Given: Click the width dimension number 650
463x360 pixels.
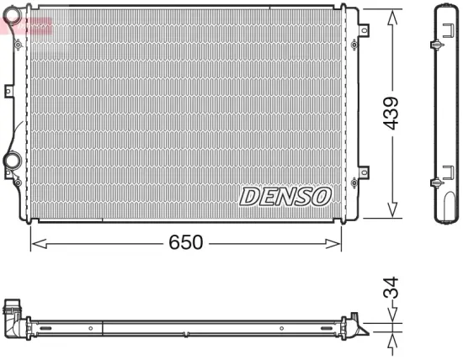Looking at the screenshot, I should (185, 242).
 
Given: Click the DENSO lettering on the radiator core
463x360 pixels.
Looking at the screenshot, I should (286, 196).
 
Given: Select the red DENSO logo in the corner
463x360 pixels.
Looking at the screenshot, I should (25, 25).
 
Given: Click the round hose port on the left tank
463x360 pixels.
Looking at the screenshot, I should (13, 159).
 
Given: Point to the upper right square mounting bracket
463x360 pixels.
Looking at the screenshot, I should (364, 31).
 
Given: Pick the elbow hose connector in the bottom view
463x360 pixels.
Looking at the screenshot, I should (14, 315).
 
